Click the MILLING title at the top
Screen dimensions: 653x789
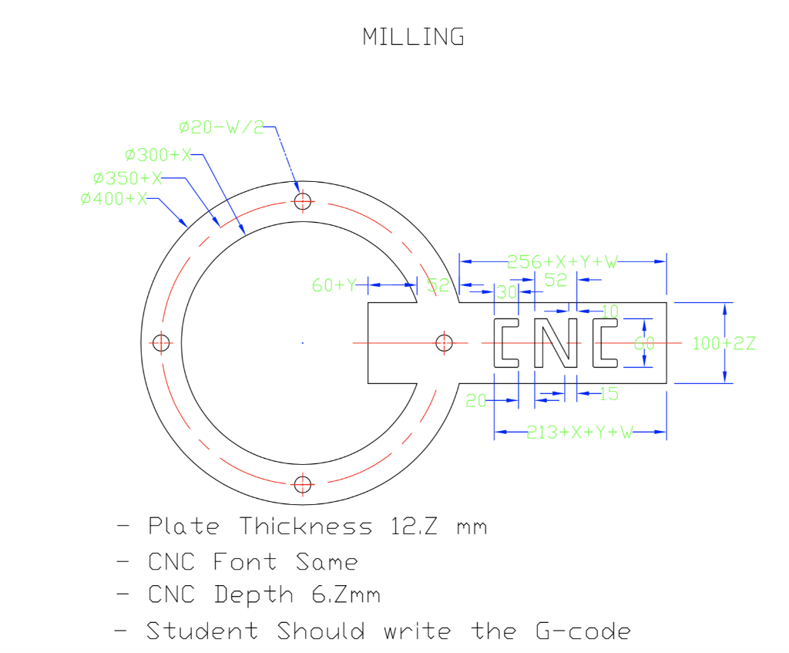[x=414, y=36]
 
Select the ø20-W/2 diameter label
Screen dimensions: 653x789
[x=220, y=127]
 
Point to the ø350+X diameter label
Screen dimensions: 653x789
[x=127, y=178]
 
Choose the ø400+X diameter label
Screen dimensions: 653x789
[x=113, y=199]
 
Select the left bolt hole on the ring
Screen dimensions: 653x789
[x=160, y=343]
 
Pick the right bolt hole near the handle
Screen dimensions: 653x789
[x=445, y=343]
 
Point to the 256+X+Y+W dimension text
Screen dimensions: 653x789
[x=562, y=262]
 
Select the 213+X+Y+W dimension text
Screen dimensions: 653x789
[x=579, y=433]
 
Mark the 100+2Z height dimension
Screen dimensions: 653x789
[x=724, y=343]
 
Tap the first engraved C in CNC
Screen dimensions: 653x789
[x=506, y=342]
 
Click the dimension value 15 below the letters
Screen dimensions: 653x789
[x=609, y=394]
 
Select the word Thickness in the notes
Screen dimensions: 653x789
[x=305, y=527]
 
